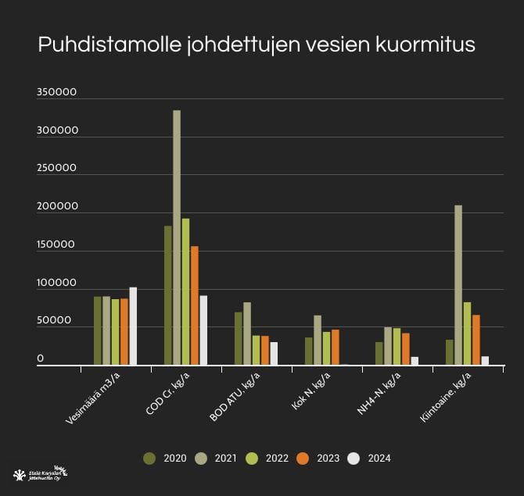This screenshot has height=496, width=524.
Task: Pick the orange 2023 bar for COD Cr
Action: tap(195, 305)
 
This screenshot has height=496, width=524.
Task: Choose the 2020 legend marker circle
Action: tap(149, 459)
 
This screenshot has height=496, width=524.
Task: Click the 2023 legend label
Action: tap(328, 459)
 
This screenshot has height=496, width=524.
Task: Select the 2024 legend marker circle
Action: tap(354, 459)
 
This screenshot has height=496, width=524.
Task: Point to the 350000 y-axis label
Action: tap(56, 93)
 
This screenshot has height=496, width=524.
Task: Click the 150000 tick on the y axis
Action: tap(56, 245)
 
